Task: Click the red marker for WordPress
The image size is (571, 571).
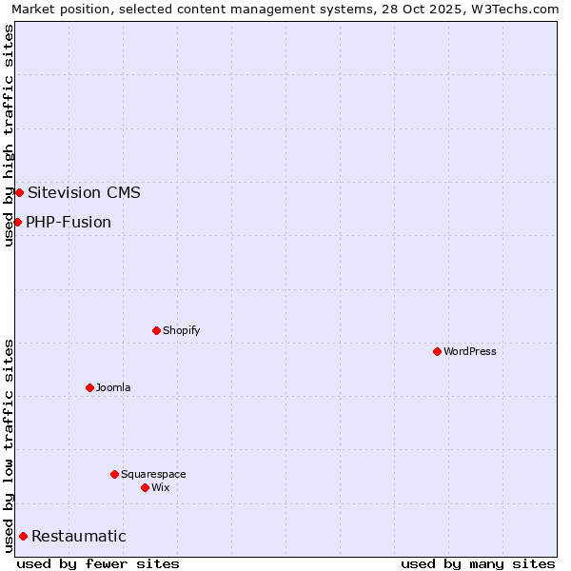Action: (x=437, y=351)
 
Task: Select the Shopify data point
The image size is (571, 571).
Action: (x=156, y=330)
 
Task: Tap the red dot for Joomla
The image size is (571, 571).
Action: (x=89, y=387)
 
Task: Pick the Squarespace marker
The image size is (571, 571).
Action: (x=114, y=474)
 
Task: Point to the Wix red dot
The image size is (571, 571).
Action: (x=145, y=487)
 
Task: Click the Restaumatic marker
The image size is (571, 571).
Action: (x=23, y=536)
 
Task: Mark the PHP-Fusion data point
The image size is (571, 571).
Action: (x=17, y=222)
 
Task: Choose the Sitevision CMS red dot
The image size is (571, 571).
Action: (x=19, y=192)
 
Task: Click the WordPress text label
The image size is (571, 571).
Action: (x=469, y=351)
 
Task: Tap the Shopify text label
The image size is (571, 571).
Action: (x=181, y=330)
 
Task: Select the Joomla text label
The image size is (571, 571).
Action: (x=113, y=387)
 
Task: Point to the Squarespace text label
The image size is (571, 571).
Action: (x=153, y=474)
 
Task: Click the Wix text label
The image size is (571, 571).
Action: (x=160, y=487)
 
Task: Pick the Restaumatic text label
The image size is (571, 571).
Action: (x=78, y=536)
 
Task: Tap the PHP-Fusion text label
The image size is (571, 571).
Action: (x=69, y=222)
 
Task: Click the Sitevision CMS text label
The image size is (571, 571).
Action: (x=84, y=192)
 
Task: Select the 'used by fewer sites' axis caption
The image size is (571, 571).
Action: (x=98, y=563)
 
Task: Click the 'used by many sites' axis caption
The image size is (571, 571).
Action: (x=477, y=563)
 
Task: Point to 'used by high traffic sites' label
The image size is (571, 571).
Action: (x=9, y=135)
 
